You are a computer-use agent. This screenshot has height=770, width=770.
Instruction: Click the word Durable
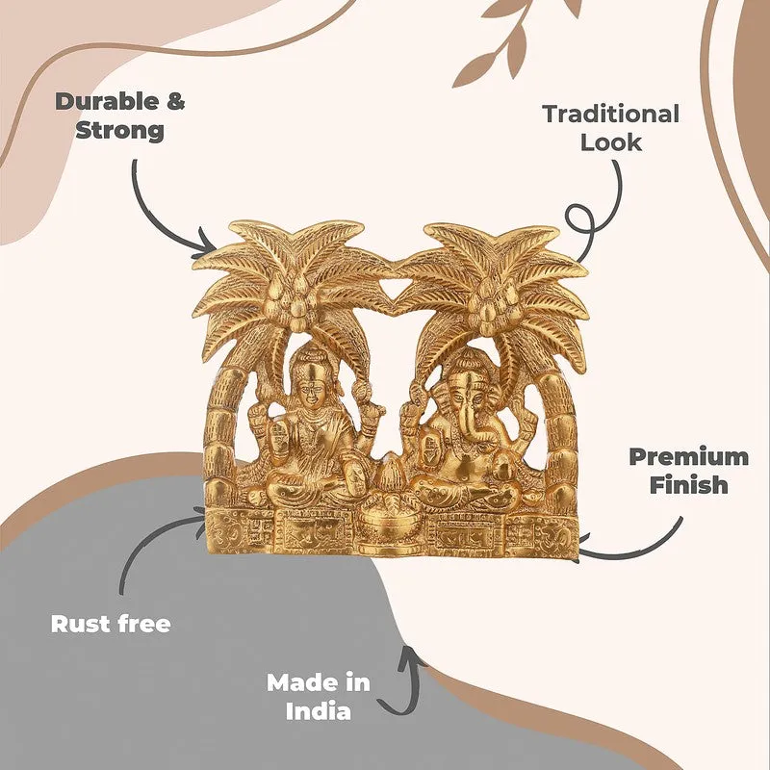click(x=107, y=102)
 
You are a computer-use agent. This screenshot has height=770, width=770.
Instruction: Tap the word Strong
click(x=119, y=131)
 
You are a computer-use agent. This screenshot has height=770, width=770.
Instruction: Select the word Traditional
click(x=611, y=114)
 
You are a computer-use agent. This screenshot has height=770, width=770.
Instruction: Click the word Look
click(x=611, y=142)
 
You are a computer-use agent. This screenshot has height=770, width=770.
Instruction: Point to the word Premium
click(x=688, y=456)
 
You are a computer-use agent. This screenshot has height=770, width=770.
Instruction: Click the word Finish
click(x=688, y=485)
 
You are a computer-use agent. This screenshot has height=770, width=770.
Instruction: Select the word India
click(x=319, y=711)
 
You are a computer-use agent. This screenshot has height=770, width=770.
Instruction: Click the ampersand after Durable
click(x=175, y=102)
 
